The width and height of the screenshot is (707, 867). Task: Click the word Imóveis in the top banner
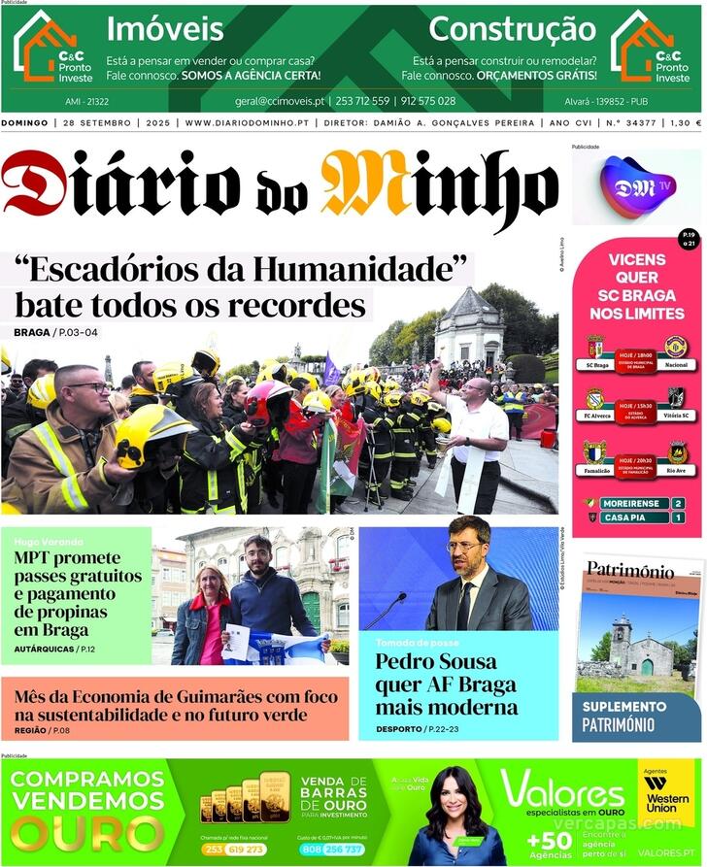pos(165,29)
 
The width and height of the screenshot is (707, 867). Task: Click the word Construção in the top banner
pos(512,29)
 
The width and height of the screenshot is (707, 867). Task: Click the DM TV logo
pos(636,184)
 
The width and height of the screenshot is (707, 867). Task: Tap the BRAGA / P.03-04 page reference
pos(56,333)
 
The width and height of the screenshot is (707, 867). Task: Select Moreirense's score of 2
pos(677,503)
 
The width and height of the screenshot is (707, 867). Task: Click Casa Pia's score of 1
pos(677,517)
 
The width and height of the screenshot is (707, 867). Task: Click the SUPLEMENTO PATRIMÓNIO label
pos(631,717)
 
